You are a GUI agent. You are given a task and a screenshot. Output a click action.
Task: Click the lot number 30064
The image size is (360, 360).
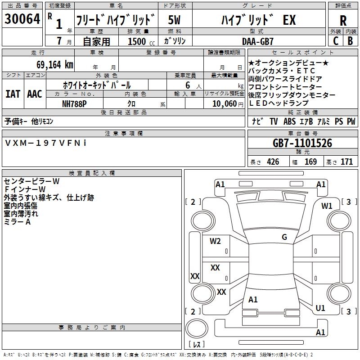click(x=22, y=19)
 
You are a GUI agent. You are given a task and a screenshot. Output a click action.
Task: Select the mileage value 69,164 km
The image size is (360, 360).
click(x=55, y=65)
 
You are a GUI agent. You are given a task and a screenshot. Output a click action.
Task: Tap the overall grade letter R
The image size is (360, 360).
click(x=343, y=20)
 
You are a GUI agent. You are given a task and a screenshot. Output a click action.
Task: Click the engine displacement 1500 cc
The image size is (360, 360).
click(x=141, y=41)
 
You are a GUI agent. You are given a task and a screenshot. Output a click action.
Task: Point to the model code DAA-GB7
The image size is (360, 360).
click(x=258, y=41)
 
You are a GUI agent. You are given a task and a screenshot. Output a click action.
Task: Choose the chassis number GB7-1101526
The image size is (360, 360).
click(x=302, y=143)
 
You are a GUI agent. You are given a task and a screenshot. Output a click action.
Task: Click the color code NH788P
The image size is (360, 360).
click(x=74, y=104)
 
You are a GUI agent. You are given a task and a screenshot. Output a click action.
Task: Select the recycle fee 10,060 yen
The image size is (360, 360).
click(x=228, y=104)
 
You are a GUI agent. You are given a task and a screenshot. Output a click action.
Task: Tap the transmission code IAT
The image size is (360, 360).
click(x=13, y=94)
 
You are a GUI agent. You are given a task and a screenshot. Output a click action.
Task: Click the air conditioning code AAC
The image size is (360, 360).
click(x=35, y=94)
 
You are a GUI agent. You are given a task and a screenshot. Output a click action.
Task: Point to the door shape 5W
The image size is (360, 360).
click(x=174, y=20)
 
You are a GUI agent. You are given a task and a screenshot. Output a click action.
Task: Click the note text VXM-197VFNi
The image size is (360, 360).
click(x=45, y=143)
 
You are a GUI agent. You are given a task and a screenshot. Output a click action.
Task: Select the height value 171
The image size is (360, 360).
click(x=346, y=162)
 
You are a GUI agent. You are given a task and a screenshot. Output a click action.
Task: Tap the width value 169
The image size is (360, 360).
click(x=310, y=162)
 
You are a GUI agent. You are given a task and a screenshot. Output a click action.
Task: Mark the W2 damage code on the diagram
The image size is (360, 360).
click(x=215, y=241)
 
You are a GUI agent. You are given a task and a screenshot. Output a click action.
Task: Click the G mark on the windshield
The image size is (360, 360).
click(x=284, y=237)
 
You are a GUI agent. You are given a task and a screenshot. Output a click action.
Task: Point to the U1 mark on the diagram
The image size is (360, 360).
click(x=320, y=308)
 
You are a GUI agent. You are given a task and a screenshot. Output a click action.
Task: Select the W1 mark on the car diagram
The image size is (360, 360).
click(x=327, y=206)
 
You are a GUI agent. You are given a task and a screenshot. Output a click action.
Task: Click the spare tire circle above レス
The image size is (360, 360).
click(x=197, y=328)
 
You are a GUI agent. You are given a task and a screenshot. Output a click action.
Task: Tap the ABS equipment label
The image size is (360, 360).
click(x=289, y=121)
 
